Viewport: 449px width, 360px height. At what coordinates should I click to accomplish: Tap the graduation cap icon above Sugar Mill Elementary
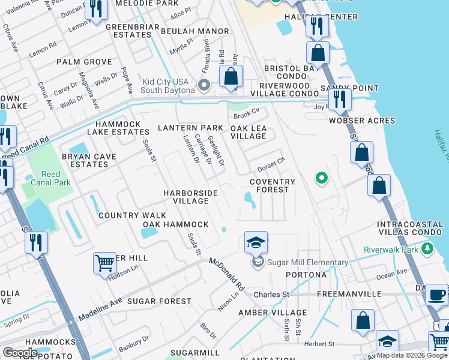pos(256,243)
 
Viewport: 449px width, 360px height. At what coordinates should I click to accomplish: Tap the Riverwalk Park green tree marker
pos(427,248)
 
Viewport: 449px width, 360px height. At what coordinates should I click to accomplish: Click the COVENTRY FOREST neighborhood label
pos(273,185)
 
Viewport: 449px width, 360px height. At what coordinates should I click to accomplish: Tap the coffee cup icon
pos(436,295)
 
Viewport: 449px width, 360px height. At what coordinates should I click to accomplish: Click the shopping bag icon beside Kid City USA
pos(231,77)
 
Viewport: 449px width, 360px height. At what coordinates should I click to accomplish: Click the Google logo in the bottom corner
pos(20,352)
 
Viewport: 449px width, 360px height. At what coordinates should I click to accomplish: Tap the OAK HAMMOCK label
pos(175,224)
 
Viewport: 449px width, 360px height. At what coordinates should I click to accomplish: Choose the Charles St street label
pos(271,295)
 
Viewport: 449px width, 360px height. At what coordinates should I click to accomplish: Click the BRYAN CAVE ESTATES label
pos(85,160)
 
